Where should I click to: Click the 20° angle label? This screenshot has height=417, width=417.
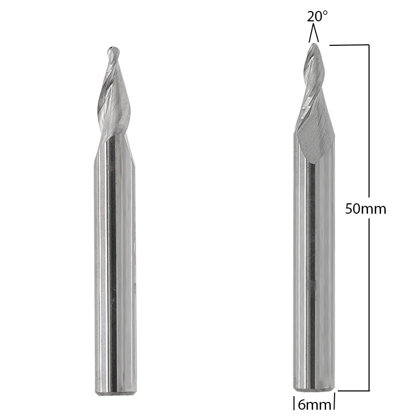(x=317, y=16)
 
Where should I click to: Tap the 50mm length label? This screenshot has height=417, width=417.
(x=366, y=209)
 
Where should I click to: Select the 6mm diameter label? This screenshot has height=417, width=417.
(x=314, y=403)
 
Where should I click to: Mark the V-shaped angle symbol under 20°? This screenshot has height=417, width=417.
(x=313, y=35)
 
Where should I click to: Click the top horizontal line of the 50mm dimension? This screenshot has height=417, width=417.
(x=350, y=45)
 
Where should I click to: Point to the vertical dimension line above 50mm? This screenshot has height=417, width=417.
(x=369, y=120)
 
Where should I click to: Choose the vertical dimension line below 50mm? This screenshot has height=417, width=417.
(x=369, y=302)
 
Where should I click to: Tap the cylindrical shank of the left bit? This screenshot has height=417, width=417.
(x=116, y=261)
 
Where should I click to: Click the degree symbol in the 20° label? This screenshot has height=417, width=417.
(x=326, y=12)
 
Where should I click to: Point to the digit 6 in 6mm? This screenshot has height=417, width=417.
(x=303, y=403)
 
